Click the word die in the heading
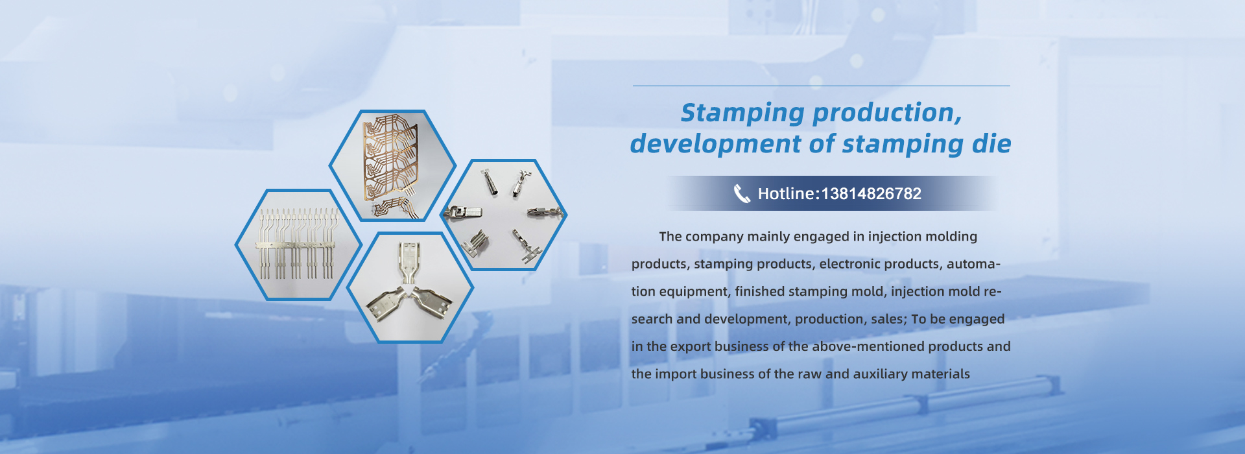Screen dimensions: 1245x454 tap(991, 144)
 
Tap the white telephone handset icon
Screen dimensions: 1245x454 tap(742, 193)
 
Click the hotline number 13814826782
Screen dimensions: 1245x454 tap(871, 193)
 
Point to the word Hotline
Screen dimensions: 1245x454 tap(787, 193)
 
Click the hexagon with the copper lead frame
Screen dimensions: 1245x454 tap(392, 165)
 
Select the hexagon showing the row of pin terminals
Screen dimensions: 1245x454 tap(298, 245)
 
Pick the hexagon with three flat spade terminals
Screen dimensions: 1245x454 tap(410, 287)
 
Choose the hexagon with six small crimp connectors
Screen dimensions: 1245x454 tap(504, 215)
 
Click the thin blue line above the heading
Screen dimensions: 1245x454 tap(821, 86)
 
